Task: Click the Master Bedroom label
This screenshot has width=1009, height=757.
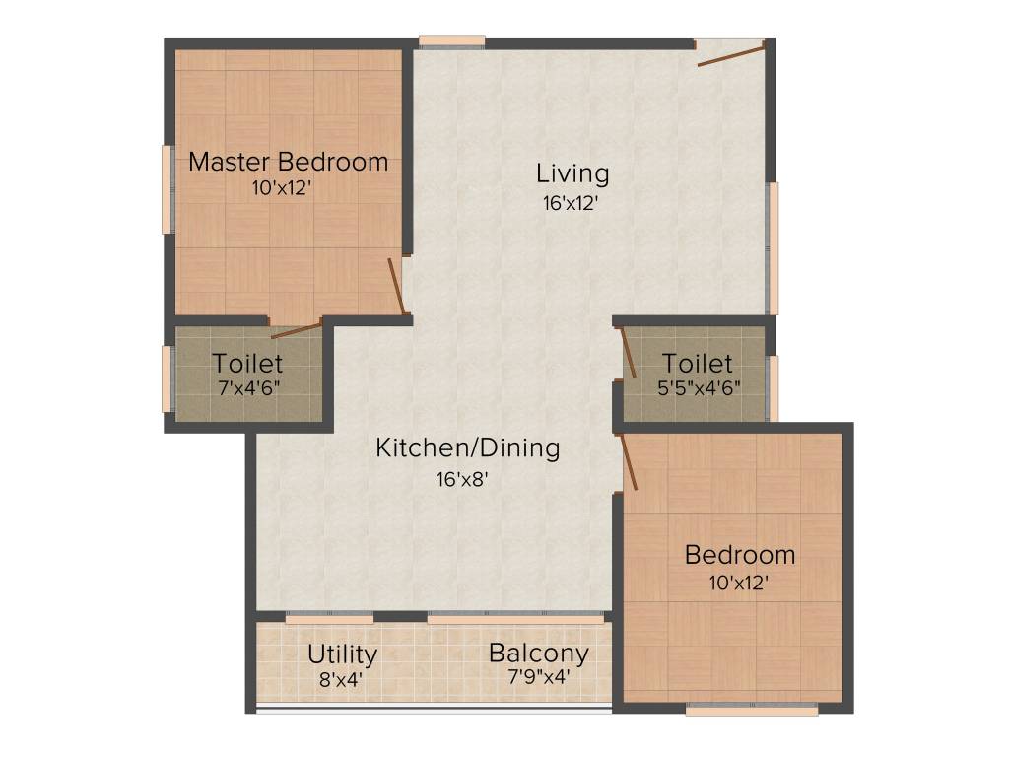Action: pyautogui.click(x=288, y=162)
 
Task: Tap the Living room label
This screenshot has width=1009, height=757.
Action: pyautogui.click(x=572, y=174)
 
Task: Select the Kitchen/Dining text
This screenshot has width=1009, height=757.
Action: pyautogui.click(x=467, y=448)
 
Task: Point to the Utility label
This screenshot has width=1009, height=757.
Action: pyautogui.click(x=342, y=654)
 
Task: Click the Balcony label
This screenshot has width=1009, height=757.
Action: pyautogui.click(x=538, y=654)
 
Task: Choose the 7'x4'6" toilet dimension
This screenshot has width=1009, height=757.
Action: pyautogui.click(x=248, y=387)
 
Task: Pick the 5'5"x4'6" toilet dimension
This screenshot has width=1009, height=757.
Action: pyautogui.click(x=698, y=387)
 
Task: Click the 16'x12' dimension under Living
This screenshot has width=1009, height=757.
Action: pyautogui.click(x=569, y=203)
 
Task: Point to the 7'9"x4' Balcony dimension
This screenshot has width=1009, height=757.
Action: pyautogui.click(x=538, y=678)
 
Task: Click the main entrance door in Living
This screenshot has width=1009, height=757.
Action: pyautogui.click(x=731, y=54)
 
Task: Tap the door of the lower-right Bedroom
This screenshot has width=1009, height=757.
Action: pyautogui.click(x=628, y=463)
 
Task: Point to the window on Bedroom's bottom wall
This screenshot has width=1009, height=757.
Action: pyautogui.click(x=752, y=709)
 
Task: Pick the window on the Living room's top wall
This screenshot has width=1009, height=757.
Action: pyautogui.click(x=451, y=41)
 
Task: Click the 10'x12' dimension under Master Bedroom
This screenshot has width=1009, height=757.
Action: pyautogui.click(x=282, y=188)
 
